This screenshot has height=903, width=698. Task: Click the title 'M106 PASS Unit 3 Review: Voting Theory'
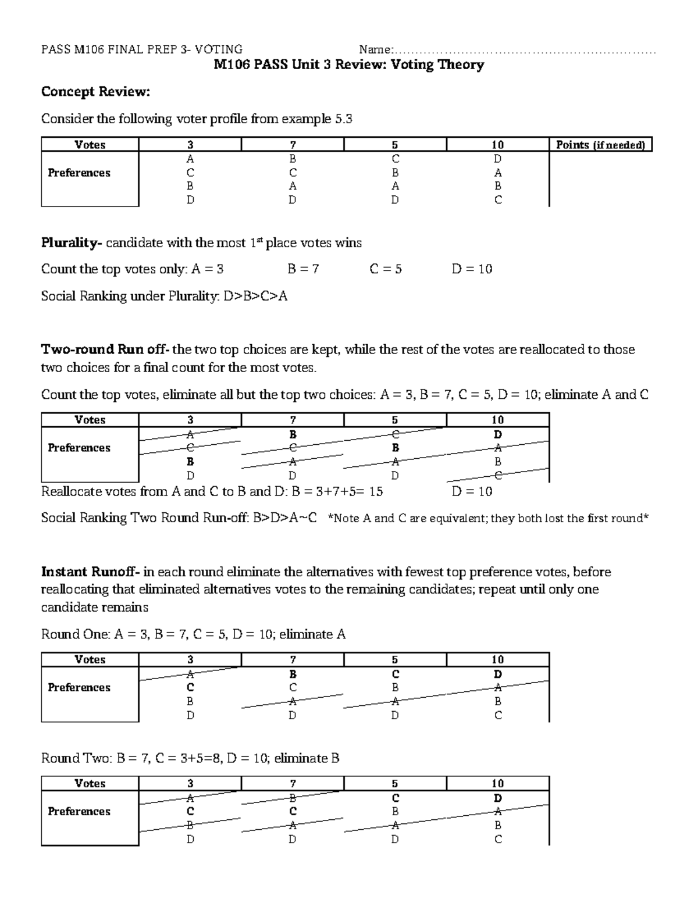point(348,65)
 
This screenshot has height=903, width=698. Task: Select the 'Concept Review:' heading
point(95,92)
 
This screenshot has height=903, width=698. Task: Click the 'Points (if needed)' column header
point(600,145)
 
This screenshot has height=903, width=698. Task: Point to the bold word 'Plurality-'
point(72,242)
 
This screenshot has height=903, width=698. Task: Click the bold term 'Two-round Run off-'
point(105,349)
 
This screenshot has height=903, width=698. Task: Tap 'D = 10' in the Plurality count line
point(472,269)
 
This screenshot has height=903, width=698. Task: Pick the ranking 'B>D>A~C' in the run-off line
point(285,517)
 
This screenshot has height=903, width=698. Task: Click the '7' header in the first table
point(293,145)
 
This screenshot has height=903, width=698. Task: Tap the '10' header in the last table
point(497,783)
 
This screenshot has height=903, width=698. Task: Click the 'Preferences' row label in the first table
point(79,173)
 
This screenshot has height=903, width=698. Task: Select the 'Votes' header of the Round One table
point(90,659)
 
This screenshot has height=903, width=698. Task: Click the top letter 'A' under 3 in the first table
point(190,159)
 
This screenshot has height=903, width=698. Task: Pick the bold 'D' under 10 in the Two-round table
point(498,434)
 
